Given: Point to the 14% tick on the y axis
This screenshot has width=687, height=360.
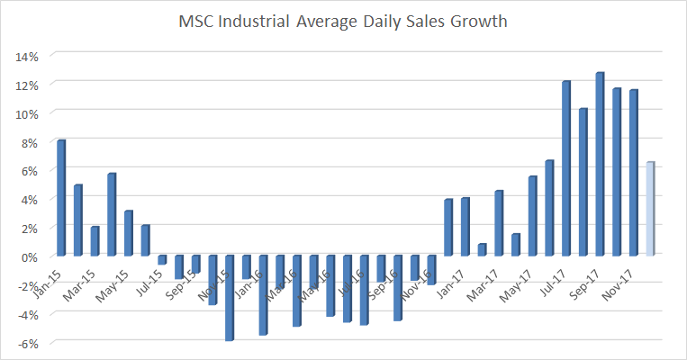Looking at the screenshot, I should (x=25, y=56).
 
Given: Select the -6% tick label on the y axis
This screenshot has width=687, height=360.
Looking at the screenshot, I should (x=26, y=343).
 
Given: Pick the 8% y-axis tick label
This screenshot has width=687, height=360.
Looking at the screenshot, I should (x=28, y=142).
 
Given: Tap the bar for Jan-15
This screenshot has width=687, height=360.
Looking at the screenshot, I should (x=61, y=198).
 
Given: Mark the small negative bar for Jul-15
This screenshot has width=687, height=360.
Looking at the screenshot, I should (x=162, y=260).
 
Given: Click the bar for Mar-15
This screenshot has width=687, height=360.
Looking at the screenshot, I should (x=95, y=241).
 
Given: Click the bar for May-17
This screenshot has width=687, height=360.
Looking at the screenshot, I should (x=532, y=216).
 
